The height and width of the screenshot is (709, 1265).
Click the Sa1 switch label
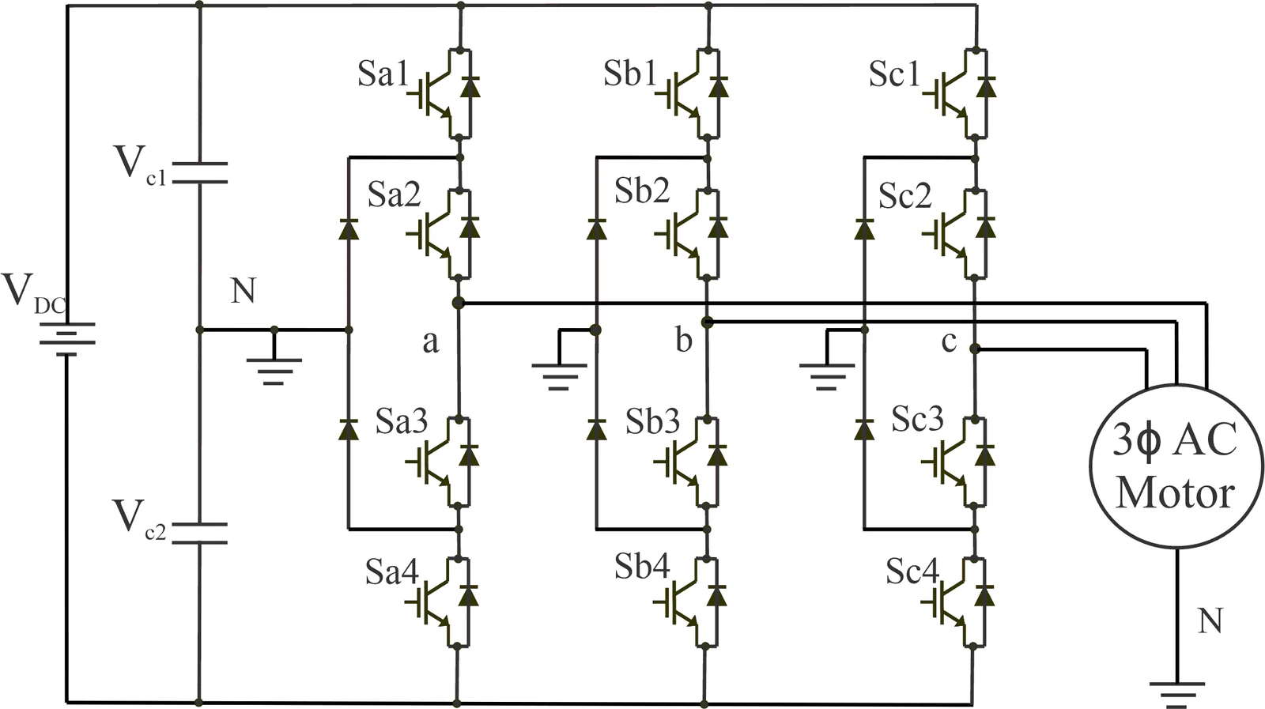(383, 74)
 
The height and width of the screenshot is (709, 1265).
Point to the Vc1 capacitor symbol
(199, 173)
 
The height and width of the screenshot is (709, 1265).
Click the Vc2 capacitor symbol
(199, 534)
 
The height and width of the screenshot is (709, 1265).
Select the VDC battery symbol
(66, 339)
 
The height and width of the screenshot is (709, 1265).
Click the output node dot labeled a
(458, 304)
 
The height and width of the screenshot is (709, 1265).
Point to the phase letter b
(683, 341)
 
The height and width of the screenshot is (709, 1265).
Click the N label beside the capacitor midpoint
(244, 292)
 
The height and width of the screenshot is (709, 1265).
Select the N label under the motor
(1210, 621)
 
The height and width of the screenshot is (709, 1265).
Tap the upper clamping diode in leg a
(349, 228)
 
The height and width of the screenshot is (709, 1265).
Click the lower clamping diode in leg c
(864, 429)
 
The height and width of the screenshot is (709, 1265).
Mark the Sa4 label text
(392, 571)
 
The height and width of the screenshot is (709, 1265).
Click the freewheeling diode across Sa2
(470, 228)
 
